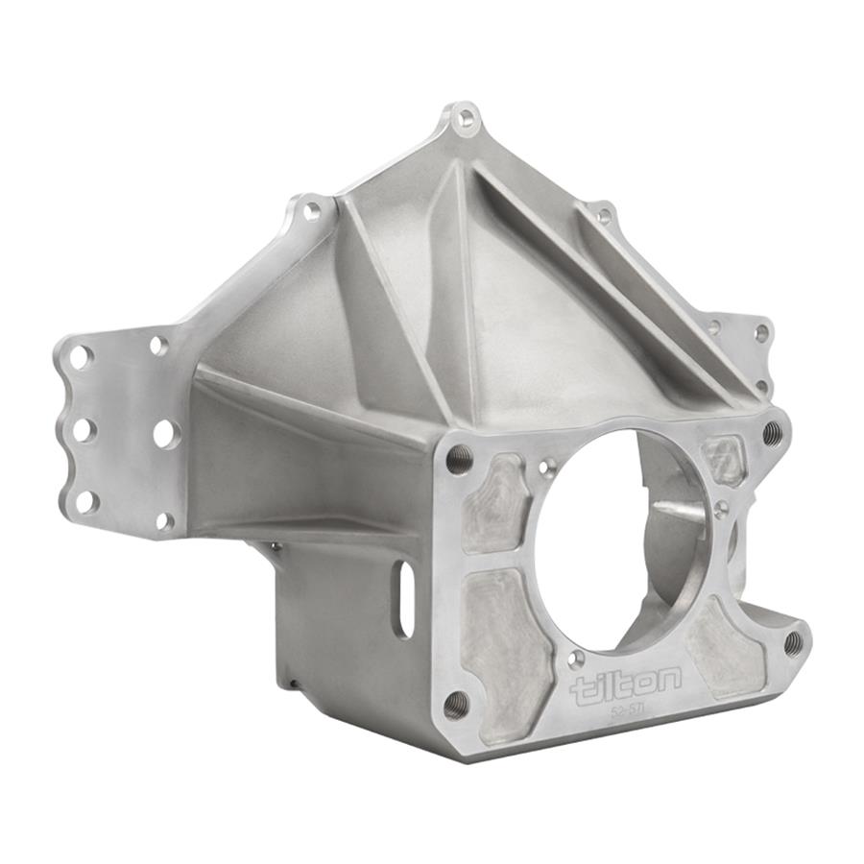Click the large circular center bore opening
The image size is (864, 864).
[619, 538]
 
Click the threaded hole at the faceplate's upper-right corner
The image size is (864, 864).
[772, 433]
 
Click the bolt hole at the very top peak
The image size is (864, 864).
[466, 119]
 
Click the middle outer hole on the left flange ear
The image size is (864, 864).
[84, 429]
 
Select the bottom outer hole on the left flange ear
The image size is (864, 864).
[86, 500]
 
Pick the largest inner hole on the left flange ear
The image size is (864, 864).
[165, 433]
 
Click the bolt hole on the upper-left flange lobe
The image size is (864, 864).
[312, 211]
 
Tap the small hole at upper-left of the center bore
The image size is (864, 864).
[547, 468]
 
